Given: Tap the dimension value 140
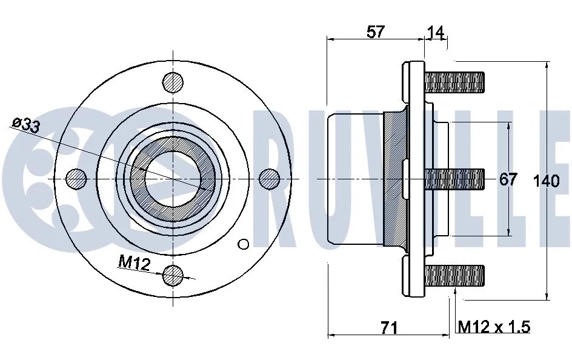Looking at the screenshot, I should tap(547, 181).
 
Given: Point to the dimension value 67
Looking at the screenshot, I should tap(508, 179).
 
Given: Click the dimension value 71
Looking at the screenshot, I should tap(388, 328).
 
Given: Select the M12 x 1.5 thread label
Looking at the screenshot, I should tap(494, 327).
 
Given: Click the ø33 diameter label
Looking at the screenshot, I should tap(25, 125).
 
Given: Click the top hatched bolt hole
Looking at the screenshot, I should tap(173, 82).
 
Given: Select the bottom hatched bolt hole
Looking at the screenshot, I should tap(173, 276).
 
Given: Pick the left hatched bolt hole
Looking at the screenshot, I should tap(76, 178).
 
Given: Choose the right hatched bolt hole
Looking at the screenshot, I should tap(270, 178).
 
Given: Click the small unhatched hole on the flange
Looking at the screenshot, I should tap(243, 244).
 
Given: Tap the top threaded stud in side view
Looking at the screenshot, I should tap(454, 82).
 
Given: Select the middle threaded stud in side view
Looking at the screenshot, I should tap(454, 178).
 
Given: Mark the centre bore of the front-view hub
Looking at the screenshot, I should tap(173, 178).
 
